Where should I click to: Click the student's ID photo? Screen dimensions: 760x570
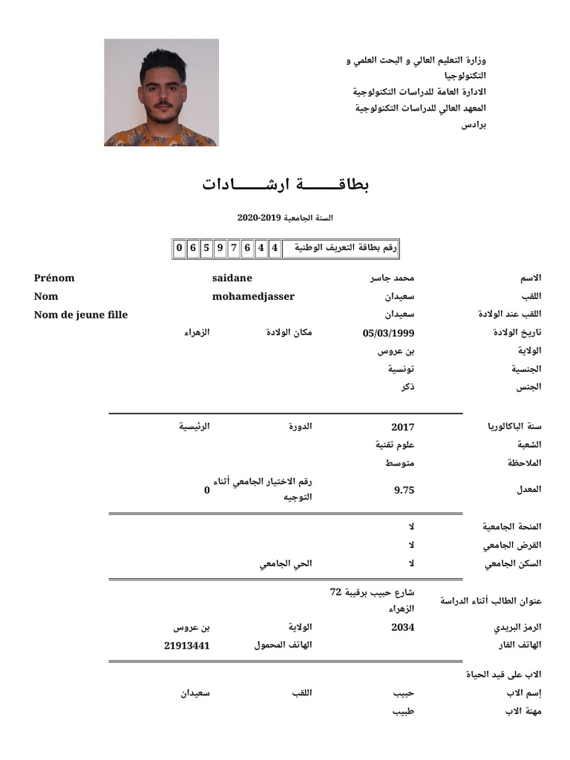(161, 93)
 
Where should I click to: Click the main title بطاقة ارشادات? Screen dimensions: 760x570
(286, 184)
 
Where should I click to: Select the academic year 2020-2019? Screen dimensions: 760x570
(285, 218)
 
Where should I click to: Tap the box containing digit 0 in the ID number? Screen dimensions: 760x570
(180, 248)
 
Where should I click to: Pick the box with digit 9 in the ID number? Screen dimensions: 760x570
(220, 248)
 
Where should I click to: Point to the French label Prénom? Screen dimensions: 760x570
(54, 278)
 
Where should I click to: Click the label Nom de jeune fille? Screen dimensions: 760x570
(81, 315)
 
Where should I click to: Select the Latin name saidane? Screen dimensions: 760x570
(232, 278)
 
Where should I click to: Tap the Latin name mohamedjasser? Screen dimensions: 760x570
(253, 297)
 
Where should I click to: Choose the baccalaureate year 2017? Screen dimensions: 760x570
(402, 427)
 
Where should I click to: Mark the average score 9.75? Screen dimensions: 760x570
(404, 490)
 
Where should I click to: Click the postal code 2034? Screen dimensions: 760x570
(402, 628)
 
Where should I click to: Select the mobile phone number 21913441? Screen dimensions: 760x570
(187, 646)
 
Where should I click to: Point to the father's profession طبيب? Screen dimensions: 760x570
(403, 711)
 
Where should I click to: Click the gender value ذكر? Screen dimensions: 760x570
(407, 387)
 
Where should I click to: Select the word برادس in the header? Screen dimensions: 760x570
(474, 125)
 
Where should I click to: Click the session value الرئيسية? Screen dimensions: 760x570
(194, 427)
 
